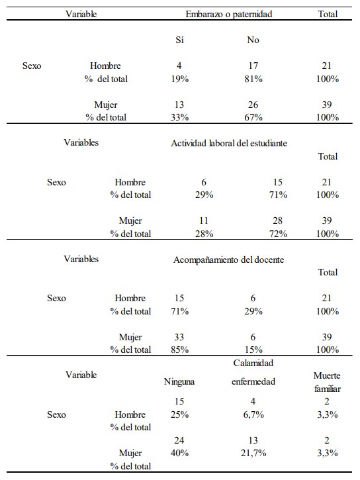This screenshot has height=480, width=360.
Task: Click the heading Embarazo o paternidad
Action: pos(229,14)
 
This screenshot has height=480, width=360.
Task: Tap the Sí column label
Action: pos(179,40)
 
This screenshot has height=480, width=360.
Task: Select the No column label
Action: pos(253,40)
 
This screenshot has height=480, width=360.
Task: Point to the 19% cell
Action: pos(179,79)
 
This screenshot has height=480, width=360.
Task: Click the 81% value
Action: pos(253,79)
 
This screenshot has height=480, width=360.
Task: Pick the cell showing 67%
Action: pos(253,117)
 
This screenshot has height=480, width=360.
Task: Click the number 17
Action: pos(253,66)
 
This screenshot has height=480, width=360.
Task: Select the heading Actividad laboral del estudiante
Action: pos(229,143)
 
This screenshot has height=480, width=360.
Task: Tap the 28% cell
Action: pos(204,234)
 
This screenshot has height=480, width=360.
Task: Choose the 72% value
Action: pos(278,234)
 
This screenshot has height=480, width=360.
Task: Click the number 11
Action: pos(204,220)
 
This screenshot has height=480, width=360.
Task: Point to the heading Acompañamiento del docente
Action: pos(228,260)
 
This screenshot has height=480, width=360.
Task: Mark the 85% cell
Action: pos(179,350)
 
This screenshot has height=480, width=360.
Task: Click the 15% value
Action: pos(253,350)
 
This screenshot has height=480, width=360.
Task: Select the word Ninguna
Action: pos(179,382)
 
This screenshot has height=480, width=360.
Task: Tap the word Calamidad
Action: pos(253,363)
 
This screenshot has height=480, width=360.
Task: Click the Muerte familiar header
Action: pos(327,382)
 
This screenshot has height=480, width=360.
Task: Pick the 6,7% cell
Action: pos(253,414)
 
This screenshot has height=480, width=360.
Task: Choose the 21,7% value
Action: pos(253,453)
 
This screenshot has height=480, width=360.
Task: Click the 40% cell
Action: pos(179,453)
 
